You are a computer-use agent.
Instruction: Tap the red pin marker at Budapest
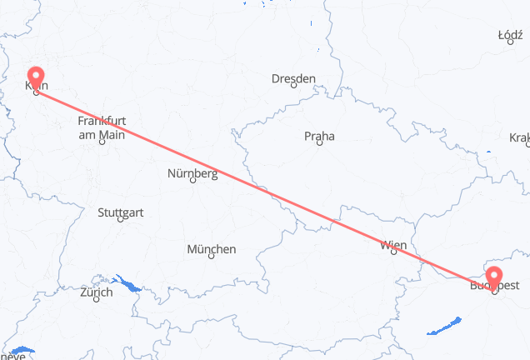(x=494, y=277)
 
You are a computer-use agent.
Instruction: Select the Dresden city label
(x=293, y=79)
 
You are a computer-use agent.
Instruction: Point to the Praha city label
(x=318, y=136)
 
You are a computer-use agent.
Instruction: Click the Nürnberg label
(x=192, y=174)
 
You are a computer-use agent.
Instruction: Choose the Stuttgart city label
(x=120, y=212)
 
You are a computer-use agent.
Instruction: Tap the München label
(x=211, y=249)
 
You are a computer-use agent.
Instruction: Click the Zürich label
(x=97, y=292)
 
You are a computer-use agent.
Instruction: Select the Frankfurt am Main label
(x=101, y=127)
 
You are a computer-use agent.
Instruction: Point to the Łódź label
(x=509, y=35)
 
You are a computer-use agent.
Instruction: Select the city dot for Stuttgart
(x=121, y=220)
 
